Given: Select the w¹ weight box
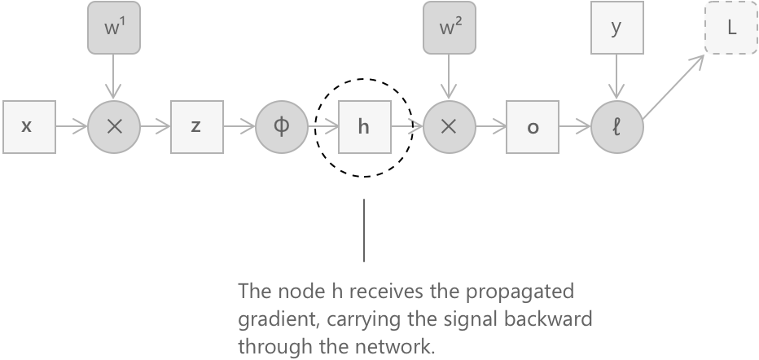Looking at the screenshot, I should (x=113, y=29).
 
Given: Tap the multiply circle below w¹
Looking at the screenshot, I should (x=113, y=127).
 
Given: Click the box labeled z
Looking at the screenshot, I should (x=196, y=127).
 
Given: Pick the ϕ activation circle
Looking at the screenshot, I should (x=280, y=127).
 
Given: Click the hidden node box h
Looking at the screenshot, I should (x=364, y=127).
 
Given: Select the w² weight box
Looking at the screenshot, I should (x=448, y=29).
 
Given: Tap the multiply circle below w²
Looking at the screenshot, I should (x=448, y=127).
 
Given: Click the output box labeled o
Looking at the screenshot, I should (x=532, y=127).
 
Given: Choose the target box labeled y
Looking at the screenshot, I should (x=616, y=29).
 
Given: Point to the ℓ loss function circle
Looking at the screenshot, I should (x=616, y=127).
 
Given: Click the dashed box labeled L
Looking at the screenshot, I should (x=731, y=29).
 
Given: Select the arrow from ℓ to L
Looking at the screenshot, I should (x=676, y=86).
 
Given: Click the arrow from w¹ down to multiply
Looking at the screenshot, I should (x=113, y=77).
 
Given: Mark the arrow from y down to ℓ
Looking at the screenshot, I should (x=616, y=77).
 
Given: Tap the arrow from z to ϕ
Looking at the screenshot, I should (x=238, y=127).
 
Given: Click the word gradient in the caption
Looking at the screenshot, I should (x=268, y=318).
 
